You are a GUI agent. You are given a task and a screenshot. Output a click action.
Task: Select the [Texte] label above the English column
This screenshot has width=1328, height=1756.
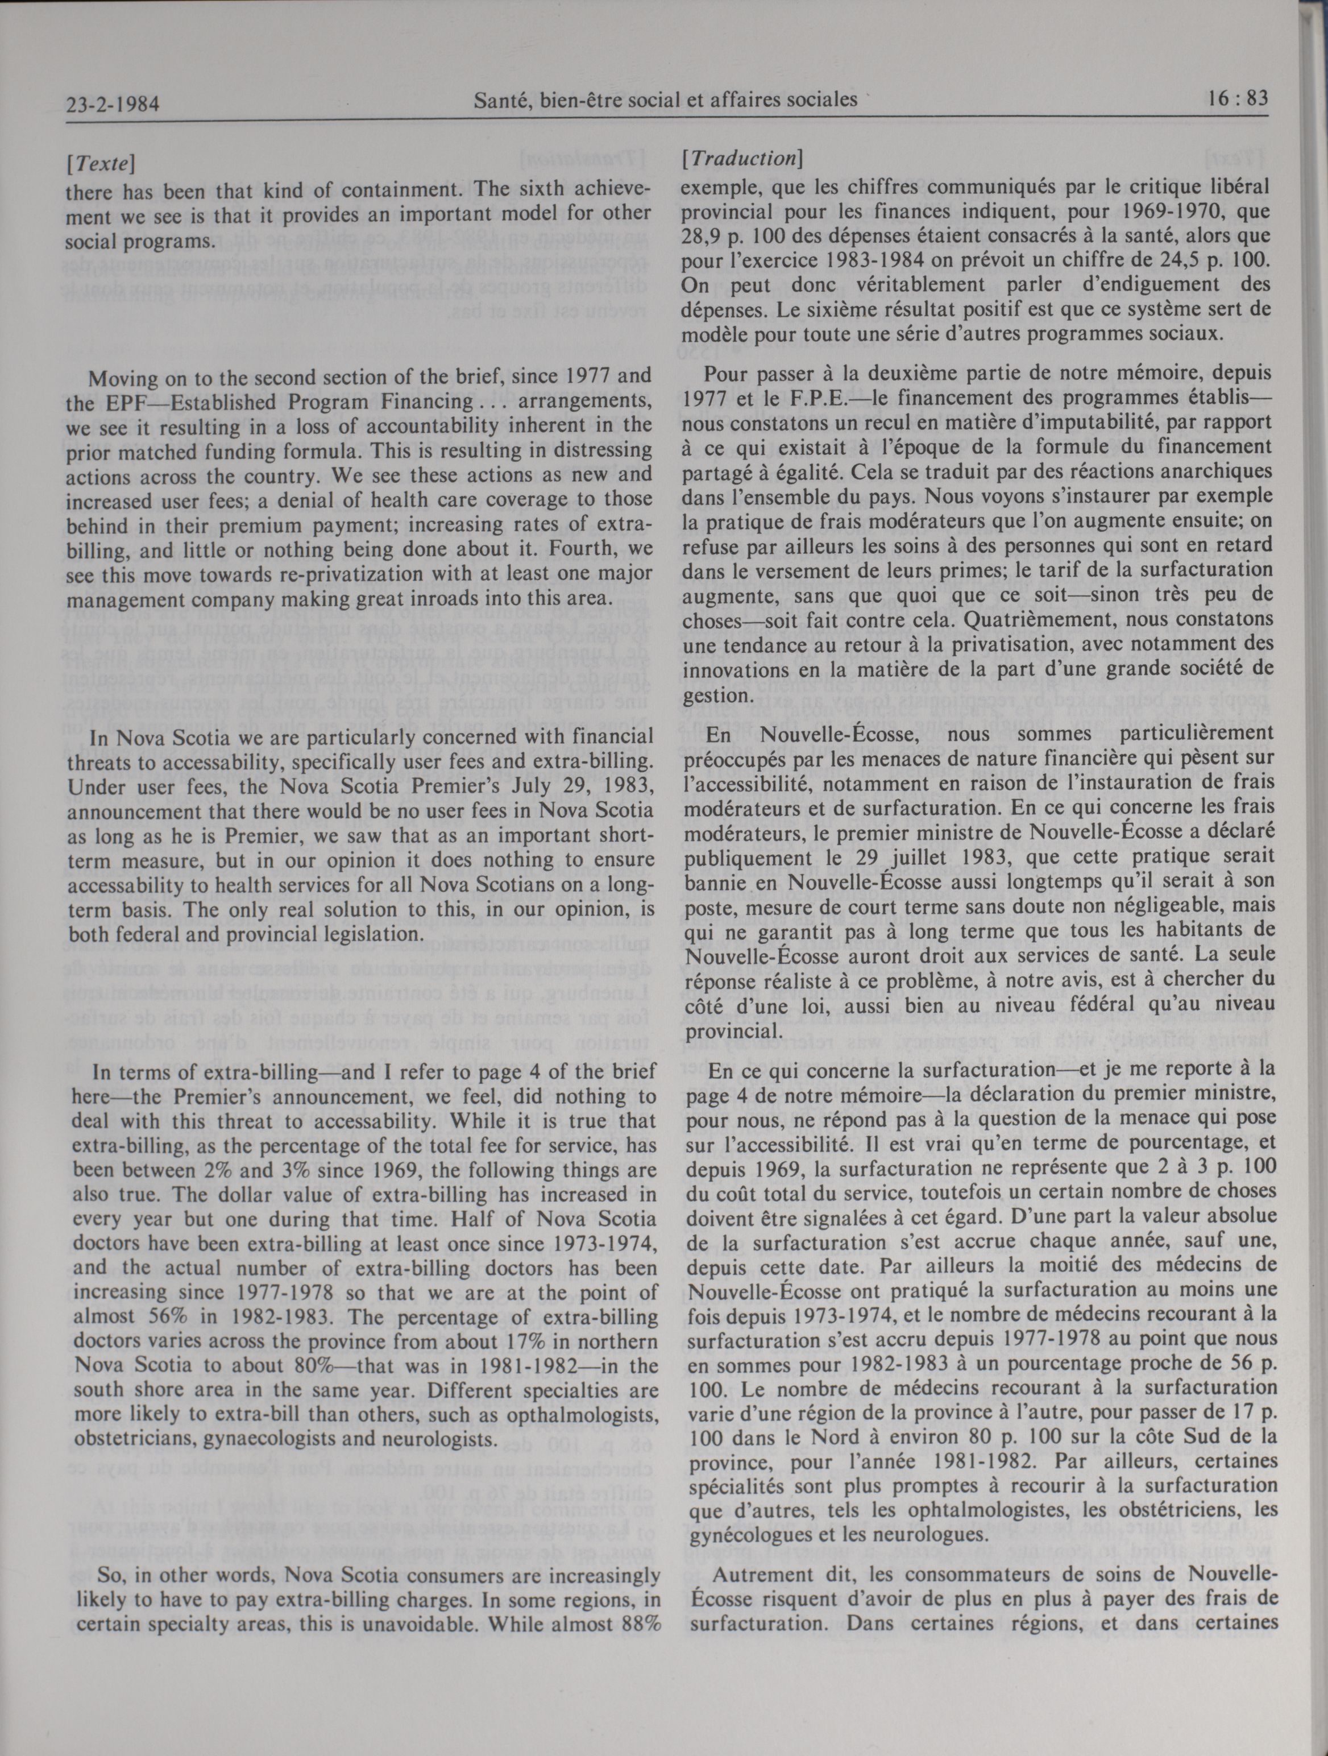pos(100,164)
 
